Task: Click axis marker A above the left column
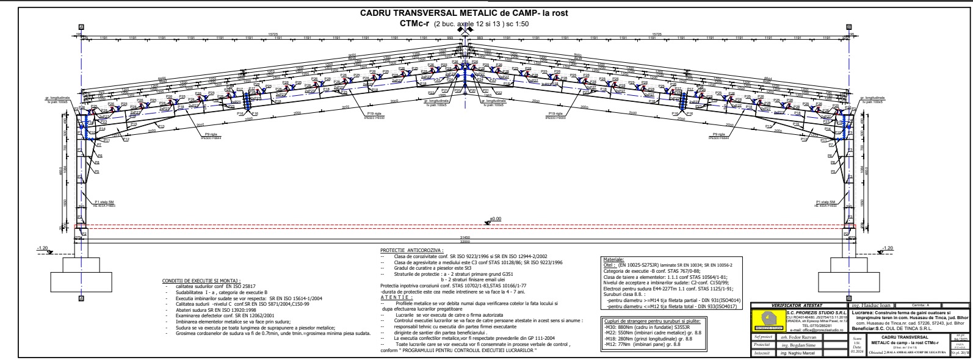point(81,27)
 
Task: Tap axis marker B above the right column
point(848,27)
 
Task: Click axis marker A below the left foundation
point(81,298)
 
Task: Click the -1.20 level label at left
point(42,248)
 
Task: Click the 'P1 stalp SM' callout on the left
point(105,203)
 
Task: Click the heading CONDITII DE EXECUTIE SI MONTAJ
point(201,280)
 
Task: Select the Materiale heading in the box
point(613,259)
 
